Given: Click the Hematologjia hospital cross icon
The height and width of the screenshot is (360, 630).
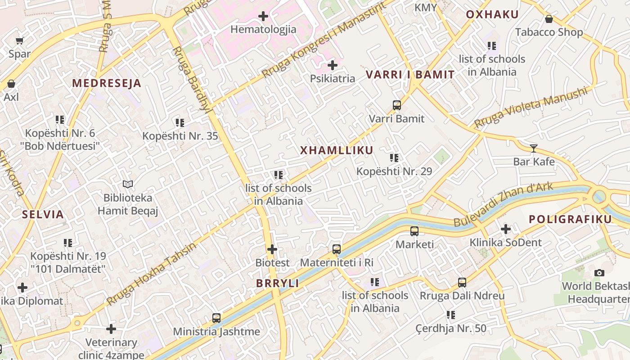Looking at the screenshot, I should coord(263,17).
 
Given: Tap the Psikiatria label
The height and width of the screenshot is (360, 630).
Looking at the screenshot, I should coord(333,79).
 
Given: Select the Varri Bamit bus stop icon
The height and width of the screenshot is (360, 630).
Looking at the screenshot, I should coord(396,105).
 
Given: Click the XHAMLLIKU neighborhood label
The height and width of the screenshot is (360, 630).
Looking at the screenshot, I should coord(337,151).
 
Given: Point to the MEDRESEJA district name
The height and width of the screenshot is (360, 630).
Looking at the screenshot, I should coord(107,83).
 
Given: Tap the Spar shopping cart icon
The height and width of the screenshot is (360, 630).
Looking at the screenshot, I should coord(19,41).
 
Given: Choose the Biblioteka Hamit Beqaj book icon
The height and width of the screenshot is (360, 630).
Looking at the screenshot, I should coord(128,184).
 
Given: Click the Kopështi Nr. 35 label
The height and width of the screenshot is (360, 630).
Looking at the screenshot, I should coord(180,136).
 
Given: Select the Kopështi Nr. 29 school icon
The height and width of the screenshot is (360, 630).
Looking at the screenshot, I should coord(394,158).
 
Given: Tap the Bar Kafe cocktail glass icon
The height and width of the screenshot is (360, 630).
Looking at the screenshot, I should coord(534,148).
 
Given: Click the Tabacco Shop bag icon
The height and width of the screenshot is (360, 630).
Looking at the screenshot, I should coord(549,19).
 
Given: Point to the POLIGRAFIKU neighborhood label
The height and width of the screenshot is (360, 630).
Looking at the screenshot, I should coord(570,220).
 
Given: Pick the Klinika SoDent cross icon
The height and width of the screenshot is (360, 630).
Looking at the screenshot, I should coord(506,229).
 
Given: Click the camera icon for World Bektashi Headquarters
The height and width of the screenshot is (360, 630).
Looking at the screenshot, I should coord(599,273).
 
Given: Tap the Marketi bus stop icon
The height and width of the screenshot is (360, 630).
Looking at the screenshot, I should coord(414,231).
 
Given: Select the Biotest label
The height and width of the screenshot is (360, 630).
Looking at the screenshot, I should coord(273,262).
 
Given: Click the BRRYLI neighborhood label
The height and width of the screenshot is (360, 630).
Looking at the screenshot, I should coord(278,283).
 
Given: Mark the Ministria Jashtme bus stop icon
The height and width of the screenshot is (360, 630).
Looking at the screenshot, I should coord(216,318).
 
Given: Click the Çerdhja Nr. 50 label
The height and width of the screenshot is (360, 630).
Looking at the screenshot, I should coord(451,328).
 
